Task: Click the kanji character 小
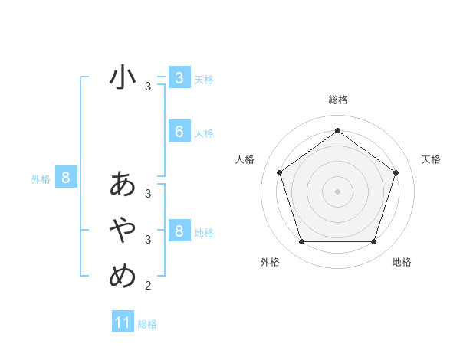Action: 123,78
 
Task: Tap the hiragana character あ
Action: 123,184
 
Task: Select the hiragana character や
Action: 123,229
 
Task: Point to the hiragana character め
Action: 123,274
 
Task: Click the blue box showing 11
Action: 123,322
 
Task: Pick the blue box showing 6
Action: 179,132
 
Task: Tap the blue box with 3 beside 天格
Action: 179,78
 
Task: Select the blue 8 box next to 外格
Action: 66,178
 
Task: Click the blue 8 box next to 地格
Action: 179,231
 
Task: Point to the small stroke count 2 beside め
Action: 148,286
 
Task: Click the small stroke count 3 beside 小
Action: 148,87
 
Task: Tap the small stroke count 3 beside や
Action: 148,240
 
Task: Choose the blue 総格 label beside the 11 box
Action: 147,324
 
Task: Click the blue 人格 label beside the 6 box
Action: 204,133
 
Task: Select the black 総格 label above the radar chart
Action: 337,100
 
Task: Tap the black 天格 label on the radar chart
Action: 431,159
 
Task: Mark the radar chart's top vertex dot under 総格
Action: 337,130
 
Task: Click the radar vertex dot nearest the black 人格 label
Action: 279,172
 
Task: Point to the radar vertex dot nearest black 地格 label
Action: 373,241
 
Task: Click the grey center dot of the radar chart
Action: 337,191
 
